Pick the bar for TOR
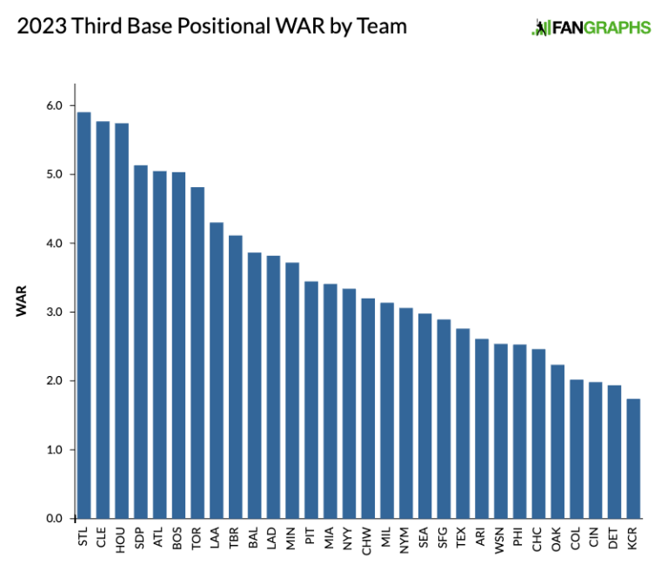click(197, 353)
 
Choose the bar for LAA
click(217, 371)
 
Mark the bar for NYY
click(349, 404)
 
